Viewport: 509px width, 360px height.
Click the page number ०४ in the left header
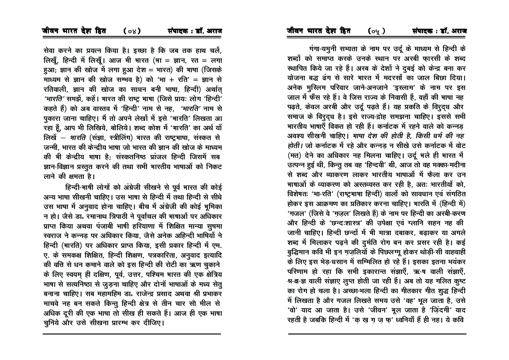point(131,31)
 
